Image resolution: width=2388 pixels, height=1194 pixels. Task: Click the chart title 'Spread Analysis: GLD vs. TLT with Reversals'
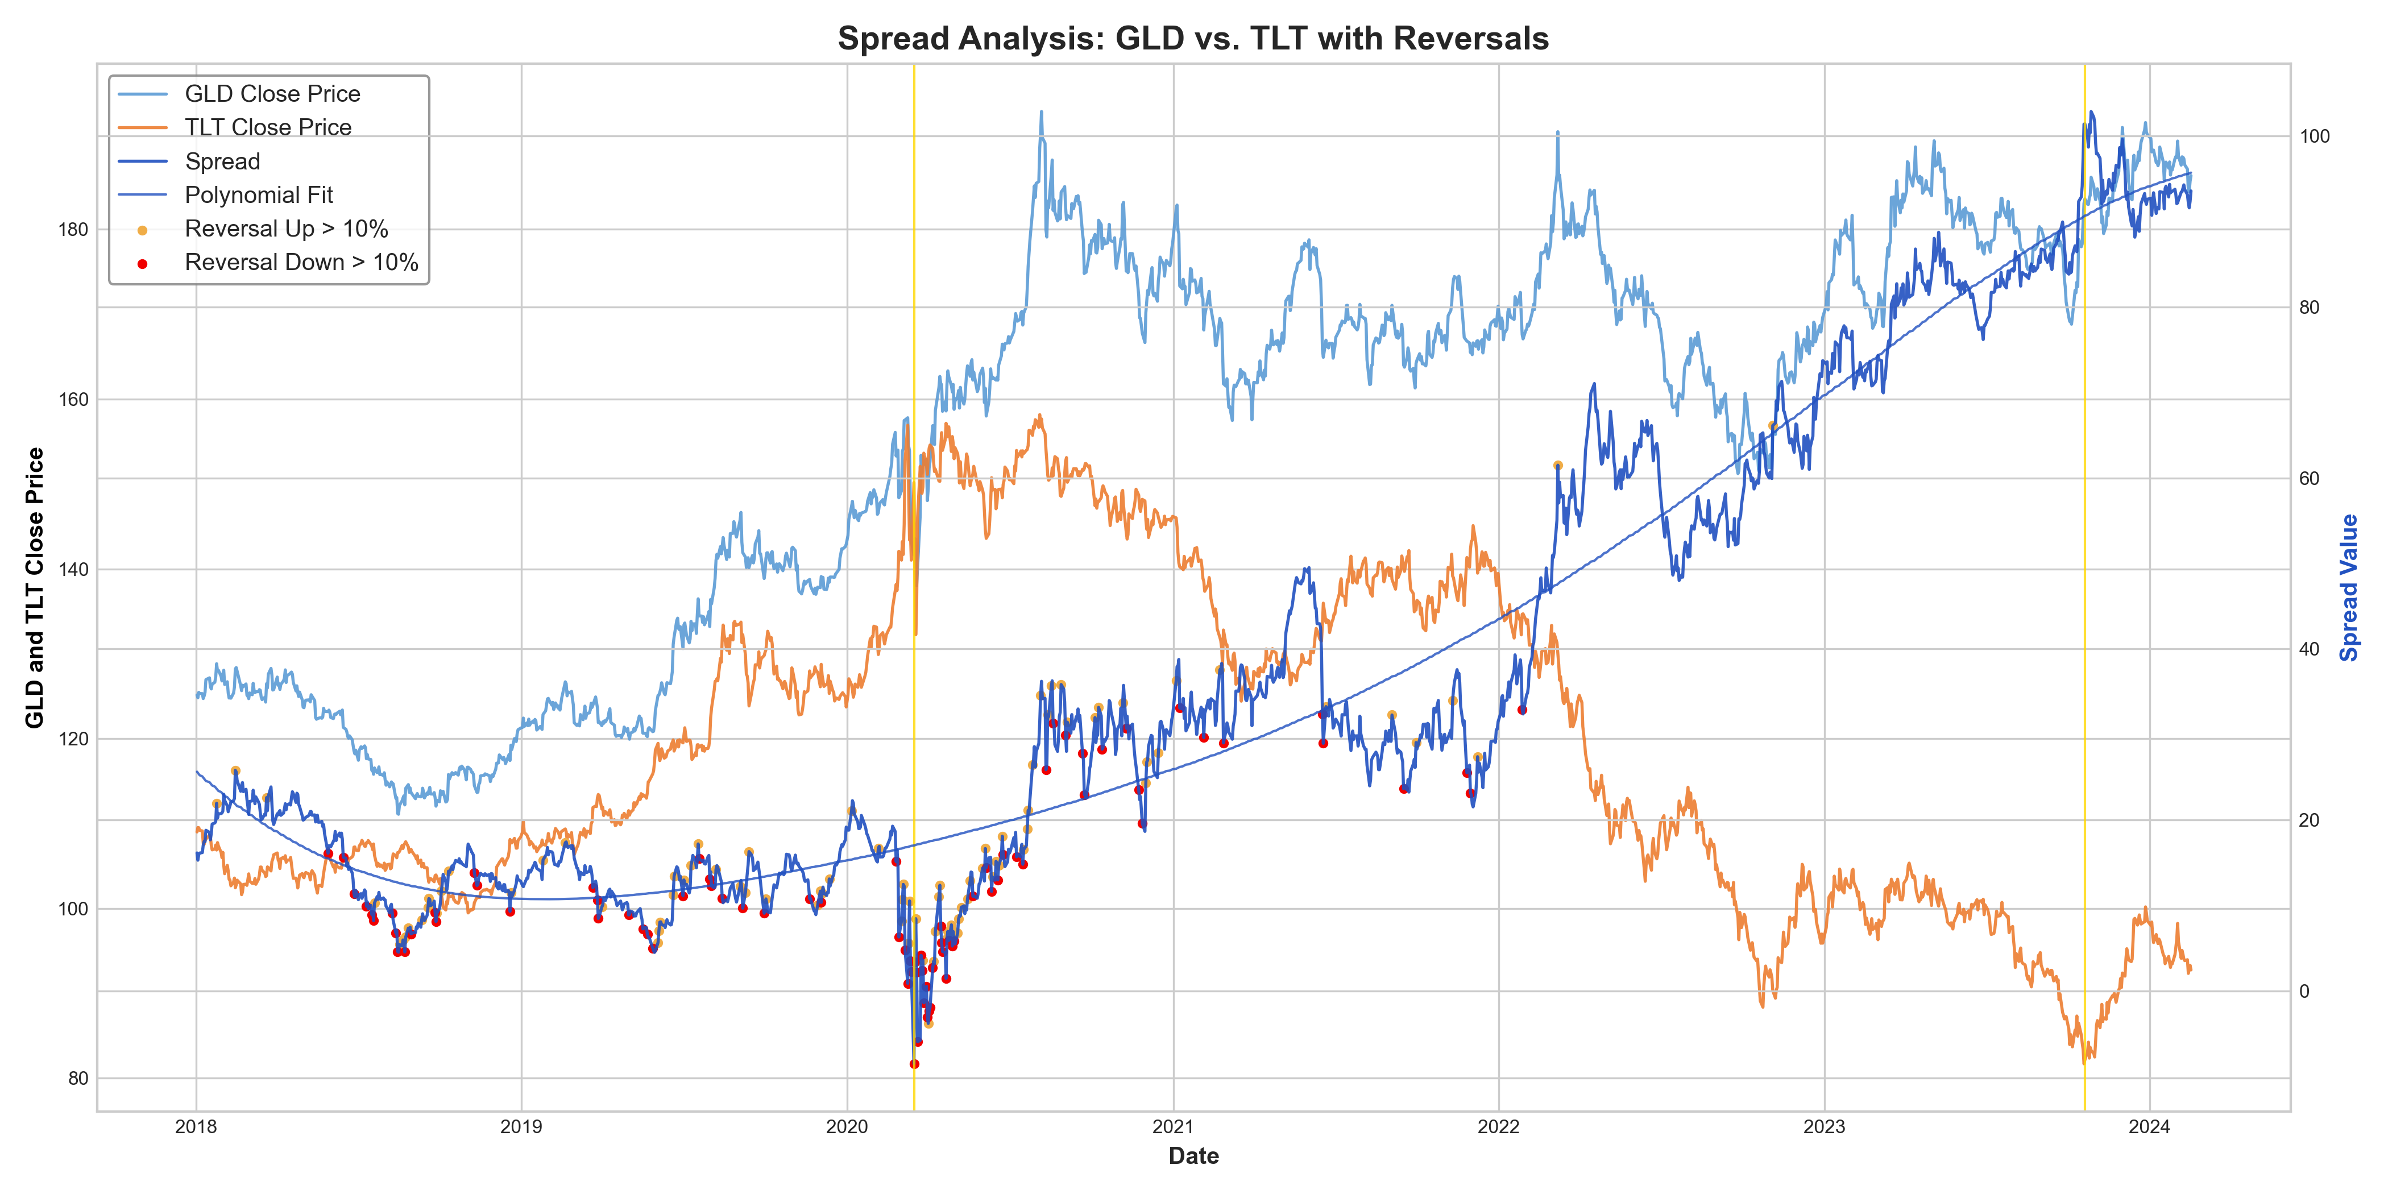[1193, 38]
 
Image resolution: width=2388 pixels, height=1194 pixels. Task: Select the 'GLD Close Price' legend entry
[272, 94]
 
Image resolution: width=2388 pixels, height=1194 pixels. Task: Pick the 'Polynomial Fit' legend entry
[259, 194]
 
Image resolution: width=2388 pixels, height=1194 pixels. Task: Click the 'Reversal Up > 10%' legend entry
[285, 229]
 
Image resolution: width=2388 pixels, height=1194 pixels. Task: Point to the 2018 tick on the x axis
[196, 1127]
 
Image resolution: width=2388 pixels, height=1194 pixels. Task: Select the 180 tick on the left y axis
[73, 230]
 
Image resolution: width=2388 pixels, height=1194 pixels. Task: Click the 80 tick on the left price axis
[78, 1078]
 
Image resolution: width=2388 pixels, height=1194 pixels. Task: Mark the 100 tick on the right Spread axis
[2314, 136]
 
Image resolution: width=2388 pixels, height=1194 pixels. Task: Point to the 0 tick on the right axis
[2304, 991]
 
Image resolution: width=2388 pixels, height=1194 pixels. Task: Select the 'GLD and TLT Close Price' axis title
[34, 588]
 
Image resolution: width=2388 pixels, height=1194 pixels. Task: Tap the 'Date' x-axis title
[1193, 1156]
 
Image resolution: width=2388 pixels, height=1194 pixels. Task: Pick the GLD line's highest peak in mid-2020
[1041, 112]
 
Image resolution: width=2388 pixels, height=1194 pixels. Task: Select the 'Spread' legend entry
[222, 161]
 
